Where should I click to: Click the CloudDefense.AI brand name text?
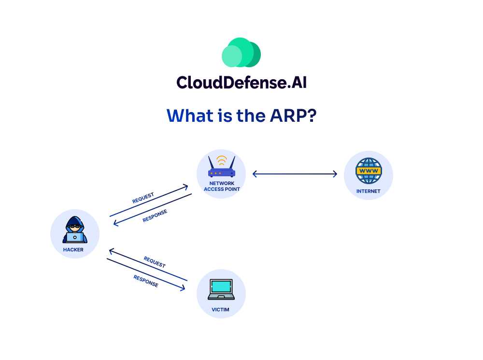[x=241, y=82]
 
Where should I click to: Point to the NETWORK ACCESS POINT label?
[x=222, y=186]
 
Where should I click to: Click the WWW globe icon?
[x=369, y=170]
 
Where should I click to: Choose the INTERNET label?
[x=369, y=191]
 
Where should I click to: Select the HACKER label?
[x=73, y=250]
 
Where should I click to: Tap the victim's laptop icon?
[x=221, y=290]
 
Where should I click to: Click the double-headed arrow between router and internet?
[x=295, y=174]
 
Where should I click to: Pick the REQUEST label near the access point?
[x=143, y=198]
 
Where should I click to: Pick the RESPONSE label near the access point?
[x=155, y=216]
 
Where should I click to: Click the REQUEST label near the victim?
[x=155, y=262]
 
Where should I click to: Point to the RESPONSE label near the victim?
[x=146, y=281]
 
